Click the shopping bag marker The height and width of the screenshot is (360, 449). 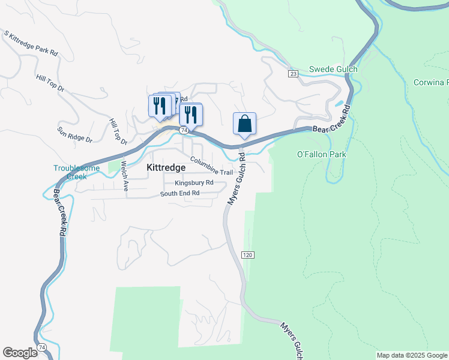click(244, 124)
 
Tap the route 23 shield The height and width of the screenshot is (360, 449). click(293, 73)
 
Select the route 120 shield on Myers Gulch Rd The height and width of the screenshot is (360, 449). click(247, 255)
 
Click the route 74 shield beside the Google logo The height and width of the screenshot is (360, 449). click(41, 347)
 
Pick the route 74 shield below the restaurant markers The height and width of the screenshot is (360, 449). click(184, 130)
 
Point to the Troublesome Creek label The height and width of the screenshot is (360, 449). click(77, 172)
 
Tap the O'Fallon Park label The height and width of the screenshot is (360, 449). click(322, 154)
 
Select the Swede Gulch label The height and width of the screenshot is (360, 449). click(333, 69)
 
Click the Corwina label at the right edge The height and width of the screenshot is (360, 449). click(431, 82)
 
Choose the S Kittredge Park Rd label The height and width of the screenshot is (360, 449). click(31, 43)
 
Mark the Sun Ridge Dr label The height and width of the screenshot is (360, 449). click(74, 134)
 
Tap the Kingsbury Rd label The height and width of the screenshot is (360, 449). click(194, 182)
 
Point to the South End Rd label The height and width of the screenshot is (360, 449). click(179, 193)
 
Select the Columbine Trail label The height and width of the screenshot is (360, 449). click(211, 166)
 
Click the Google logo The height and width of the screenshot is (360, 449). click(20, 353)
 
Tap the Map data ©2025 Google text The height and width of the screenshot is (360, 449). click(412, 355)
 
